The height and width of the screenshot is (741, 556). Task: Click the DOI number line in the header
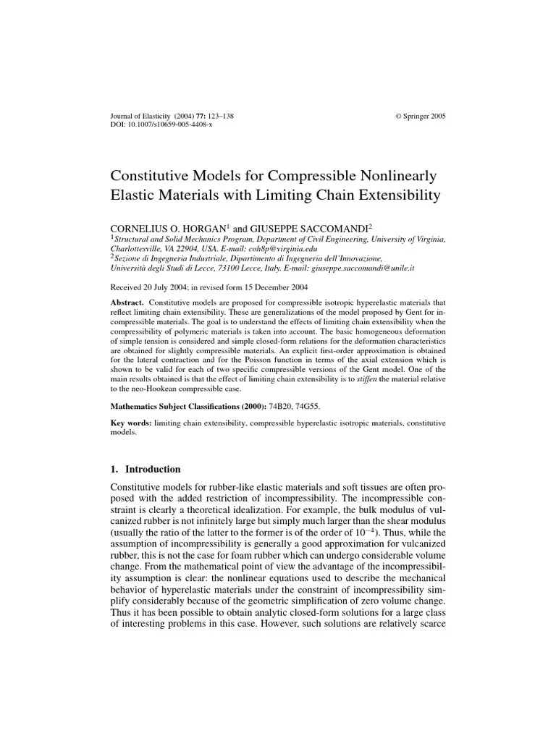tap(161, 124)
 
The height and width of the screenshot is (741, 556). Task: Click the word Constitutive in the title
tap(148, 177)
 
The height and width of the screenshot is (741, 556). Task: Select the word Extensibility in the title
tap(395, 195)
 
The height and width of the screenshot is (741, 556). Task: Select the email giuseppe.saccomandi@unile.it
tap(372, 267)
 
